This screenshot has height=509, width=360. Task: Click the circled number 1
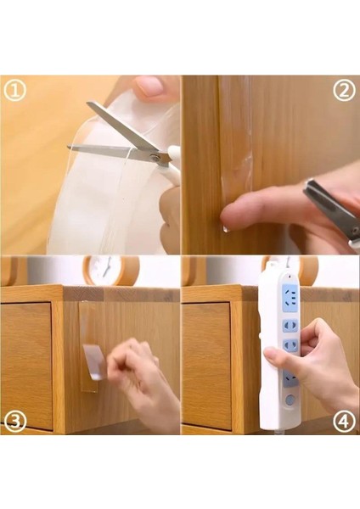tap(14, 92)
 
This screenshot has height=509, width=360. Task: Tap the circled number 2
tap(344, 91)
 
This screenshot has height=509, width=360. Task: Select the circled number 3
tap(14, 421)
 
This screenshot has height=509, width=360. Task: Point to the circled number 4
tap(344, 422)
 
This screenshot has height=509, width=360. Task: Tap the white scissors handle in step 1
tap(173, 162)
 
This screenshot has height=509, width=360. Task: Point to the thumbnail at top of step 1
tap(151, 86)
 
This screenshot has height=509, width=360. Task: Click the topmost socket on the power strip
tap(291, 298)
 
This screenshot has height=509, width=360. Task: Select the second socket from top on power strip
tap(290, 326)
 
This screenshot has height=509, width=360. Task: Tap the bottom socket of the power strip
tap(290, 380)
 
